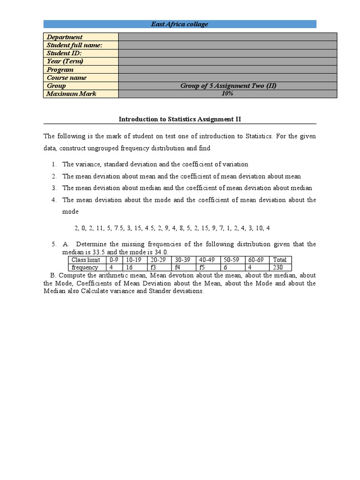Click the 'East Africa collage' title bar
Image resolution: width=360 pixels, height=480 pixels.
[x=180, y=24]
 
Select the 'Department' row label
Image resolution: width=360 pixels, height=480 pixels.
[x=65, y=37]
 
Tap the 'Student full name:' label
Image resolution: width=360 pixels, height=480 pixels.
[x=75, y=45]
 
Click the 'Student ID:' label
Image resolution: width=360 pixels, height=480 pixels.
[x=64, y=53]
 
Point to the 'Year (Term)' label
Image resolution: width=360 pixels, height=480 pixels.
[x=65, y=61]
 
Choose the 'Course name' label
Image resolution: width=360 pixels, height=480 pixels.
[x=67, y=78]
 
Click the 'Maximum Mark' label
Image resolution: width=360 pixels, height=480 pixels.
[x=71, y=94]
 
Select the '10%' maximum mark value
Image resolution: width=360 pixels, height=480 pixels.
[x=227, y=94]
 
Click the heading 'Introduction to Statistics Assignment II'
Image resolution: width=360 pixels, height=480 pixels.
[x=180, y=120]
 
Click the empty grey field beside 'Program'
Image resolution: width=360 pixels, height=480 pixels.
[x=227, y=69]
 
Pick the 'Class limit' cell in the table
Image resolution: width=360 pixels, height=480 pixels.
[x=87, y=260]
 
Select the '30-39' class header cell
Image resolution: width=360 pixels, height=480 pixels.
[x=183, y=260]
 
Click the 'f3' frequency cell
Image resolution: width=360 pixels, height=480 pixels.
[x=159, y=268]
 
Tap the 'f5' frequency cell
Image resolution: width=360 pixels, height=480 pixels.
[x=208, y=268]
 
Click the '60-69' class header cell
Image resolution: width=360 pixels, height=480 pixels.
[x=256, y=260]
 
